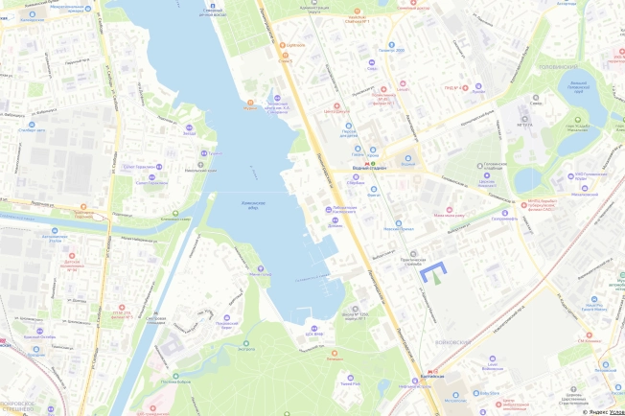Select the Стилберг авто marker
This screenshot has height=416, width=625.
(33, 127)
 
